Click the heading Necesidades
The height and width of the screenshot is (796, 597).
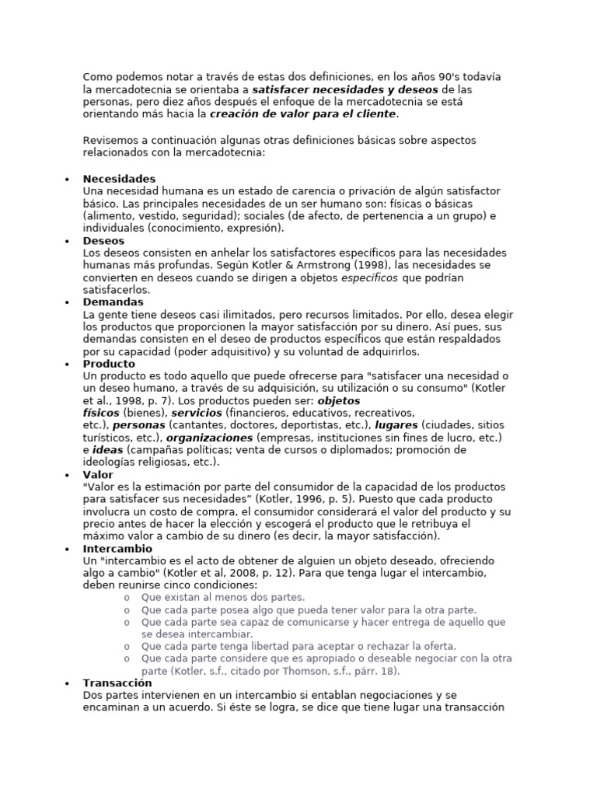point(119,179)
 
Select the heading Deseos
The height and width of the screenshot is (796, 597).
point(103,241)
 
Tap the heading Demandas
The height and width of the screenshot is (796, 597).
point(113,302)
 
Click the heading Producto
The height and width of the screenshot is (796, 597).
point(109,364)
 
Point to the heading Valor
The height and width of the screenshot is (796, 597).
point(98,474)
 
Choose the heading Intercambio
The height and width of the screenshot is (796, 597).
point(117,548)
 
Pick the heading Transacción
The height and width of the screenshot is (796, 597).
point(117,683)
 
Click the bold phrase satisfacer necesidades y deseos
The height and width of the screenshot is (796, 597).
point(345,89)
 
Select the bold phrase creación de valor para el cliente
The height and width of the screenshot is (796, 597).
point(303,113)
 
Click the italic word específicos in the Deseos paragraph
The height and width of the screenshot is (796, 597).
point(369,278)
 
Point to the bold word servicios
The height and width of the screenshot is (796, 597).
point(197,413)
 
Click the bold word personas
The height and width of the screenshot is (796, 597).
point(139,425)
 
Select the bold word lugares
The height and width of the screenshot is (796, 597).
point(396,425)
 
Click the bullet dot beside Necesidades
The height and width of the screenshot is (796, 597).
point(68,180)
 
